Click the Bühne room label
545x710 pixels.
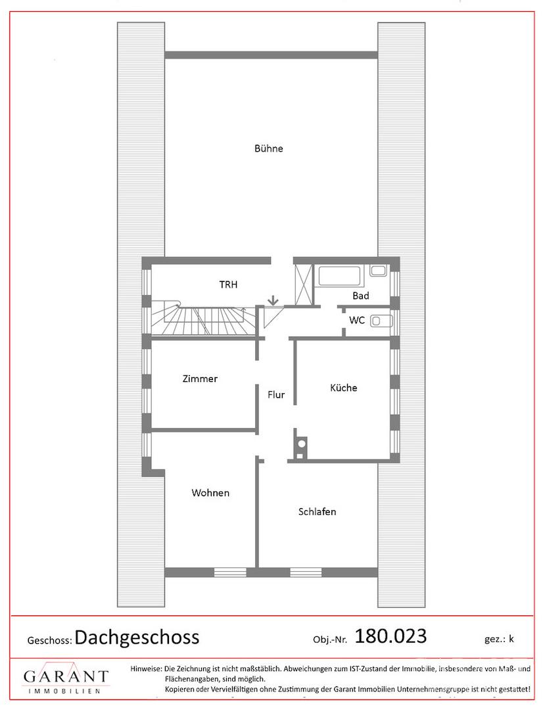click(268, 149)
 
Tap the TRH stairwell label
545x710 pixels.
click(228, 285)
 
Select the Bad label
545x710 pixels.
click(361, 296)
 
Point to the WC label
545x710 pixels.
click(357, 320)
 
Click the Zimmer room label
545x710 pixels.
click(200, 379)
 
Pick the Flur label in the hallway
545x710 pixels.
click(275, 394)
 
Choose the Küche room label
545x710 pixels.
click(344, 388)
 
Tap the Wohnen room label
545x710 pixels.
click(210, 492)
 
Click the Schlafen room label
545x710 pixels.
click(317, 511)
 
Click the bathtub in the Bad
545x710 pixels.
click(340, 275)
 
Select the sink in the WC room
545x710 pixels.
click(381, 321)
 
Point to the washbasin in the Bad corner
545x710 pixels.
click(378, 271)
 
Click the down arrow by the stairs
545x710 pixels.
click(272, 300)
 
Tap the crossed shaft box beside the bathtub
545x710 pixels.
click(303, 285)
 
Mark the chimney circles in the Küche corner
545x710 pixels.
click(300, 448)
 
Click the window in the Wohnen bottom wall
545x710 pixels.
click(230, 572)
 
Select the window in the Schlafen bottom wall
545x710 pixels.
click(306, 572)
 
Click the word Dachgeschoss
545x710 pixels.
click(137, 637)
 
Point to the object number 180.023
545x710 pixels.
click(391, 636)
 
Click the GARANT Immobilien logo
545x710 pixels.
click(66, 678)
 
